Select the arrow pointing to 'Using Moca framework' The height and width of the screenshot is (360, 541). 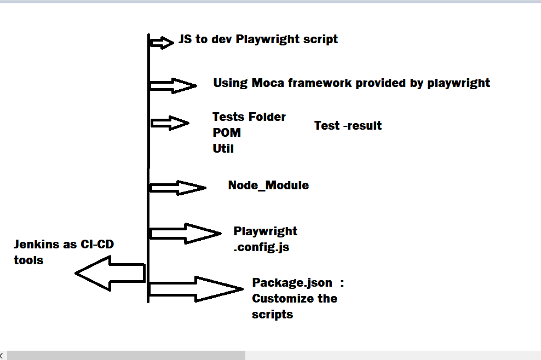pyautogui.click(x=173, y=85)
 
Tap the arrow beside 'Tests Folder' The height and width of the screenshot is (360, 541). pyautogui.click(x=170, y=123)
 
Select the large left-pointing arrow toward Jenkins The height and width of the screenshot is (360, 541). pyautogui.click(x=109, y=273)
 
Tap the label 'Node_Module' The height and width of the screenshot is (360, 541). pyautogui.click(x=268, y=185)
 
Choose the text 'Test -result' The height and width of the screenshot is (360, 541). pyautogui.click(x=348, y=125)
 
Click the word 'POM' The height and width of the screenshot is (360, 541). pyautogui.click(x=227, y=132)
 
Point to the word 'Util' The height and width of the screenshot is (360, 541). pyautogui.click(x=223, y=148)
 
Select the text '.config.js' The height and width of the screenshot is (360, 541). pyautogui.click(x=261, y=247)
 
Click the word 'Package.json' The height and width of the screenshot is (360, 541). pyautogui.click(x=292, y=282)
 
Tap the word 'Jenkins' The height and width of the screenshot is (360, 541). pyautogui.click(x=38, y=244)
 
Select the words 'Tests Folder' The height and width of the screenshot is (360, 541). pyautogui.click(x=249, y=117)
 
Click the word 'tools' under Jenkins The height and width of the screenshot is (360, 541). pyautogui.click(x=28, y=260)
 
